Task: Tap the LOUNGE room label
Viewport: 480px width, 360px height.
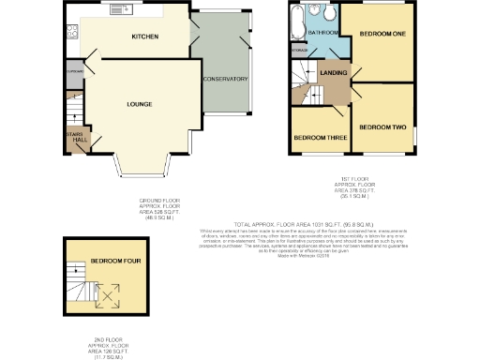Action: click(140, 103)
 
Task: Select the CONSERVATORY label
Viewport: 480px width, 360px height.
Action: click(224, 78)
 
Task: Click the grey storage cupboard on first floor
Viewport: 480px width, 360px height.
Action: click(299, 48)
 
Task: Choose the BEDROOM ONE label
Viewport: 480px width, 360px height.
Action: click(382, 34)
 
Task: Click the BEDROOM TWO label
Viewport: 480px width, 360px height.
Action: click(382, 127)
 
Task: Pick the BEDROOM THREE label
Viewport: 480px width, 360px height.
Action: click(320, 137)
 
